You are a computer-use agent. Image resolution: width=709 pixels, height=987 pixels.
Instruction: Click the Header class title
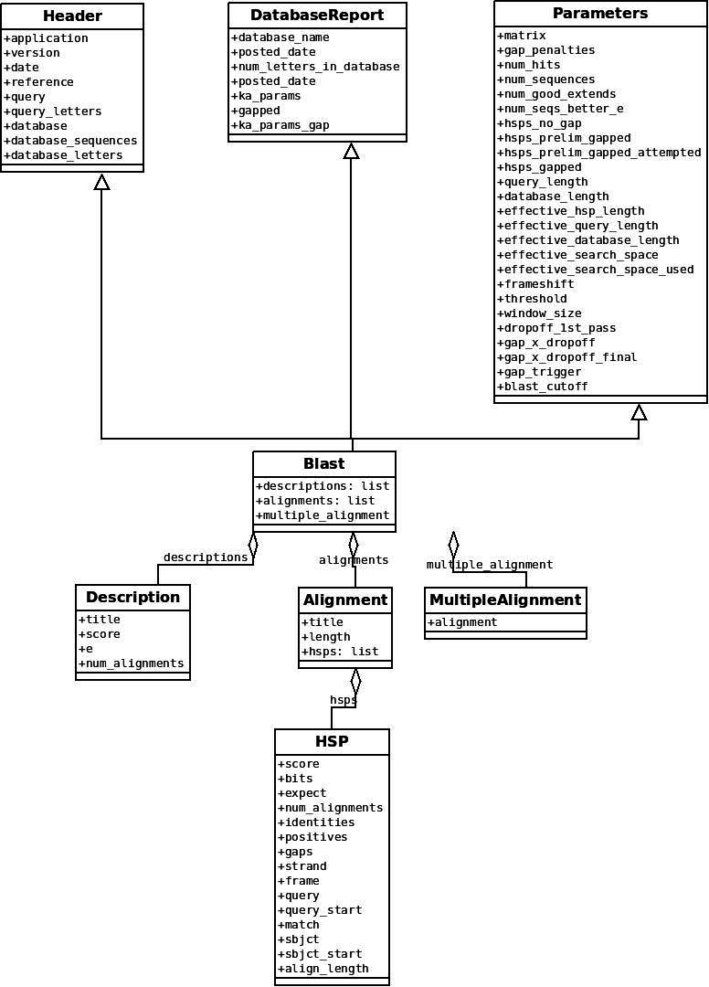pyautogui.click(x=72, y=16)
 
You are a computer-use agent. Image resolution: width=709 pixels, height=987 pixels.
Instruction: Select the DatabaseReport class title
pyautogui.click(x=317, y=16)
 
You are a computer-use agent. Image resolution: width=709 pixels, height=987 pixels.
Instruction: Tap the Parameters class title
pyautogui.click(x=600, y=14)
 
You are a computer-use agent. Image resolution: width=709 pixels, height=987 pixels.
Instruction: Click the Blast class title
pyautogui.click(x=323, y=463)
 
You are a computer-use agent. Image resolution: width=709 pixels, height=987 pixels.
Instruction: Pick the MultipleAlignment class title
pyautogui.click(x=505, y=600)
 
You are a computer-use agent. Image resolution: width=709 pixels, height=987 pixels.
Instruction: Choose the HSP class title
pyautogui.click(x=332, y=741)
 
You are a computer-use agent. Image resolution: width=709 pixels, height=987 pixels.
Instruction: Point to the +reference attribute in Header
pyautogui.click(x=39, y=82)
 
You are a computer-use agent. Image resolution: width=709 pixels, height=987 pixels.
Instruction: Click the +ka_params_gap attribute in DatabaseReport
pyautogui.click(x=280, y=125)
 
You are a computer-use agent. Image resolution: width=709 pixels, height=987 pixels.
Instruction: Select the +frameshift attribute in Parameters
pyautogui.click(x=536, y=284)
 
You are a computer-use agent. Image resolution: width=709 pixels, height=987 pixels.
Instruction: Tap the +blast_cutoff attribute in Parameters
pyautogui.click(x=543, y=387)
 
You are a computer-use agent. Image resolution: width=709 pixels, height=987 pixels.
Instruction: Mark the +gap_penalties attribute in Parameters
pyautogui.click(x=546, y=50)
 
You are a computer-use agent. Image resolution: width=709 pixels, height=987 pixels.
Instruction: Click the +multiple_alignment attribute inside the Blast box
pyautogui.click(x=323, y=515)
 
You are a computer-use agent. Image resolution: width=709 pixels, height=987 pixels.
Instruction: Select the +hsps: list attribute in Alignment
pyautogui.click(x=340, y=652)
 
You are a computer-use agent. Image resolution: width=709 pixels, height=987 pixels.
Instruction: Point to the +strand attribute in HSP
pyautogui.click(x=302, y=866)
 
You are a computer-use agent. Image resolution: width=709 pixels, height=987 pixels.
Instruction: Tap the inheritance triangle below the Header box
pyautogui.click(x=102, y=182)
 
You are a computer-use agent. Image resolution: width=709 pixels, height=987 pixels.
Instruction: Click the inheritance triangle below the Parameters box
pyautogui.click(x=639, y=412)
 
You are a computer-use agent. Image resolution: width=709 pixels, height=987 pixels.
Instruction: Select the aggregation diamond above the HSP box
pyautogui.click(x=355, y=682)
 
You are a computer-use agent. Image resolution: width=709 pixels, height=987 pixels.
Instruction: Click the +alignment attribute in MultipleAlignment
pyautogui.click(x=462, y=622)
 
